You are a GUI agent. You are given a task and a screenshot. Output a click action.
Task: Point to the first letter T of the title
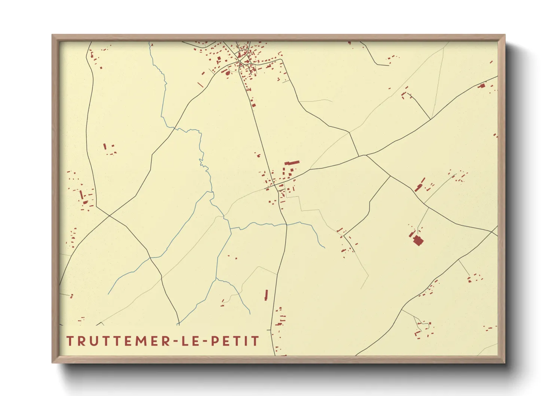coord(70,341)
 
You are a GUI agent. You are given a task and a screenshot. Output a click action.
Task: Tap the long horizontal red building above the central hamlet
coord(292,163)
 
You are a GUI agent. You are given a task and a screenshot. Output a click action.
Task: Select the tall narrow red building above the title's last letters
coord(267,295)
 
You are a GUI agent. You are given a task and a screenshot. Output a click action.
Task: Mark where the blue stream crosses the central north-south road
coord(286,225)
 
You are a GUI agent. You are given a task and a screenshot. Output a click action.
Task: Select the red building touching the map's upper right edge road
coord(482,86)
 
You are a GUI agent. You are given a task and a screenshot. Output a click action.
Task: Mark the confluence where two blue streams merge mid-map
coord(231,229)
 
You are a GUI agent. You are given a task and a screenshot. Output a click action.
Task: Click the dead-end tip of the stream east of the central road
coord(325,248)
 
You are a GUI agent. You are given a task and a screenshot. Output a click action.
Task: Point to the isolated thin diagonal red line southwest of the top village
coord(201,85)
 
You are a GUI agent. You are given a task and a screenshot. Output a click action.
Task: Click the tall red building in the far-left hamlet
coord(81,195)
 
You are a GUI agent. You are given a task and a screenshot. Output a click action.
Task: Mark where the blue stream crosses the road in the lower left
coord(150,258)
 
